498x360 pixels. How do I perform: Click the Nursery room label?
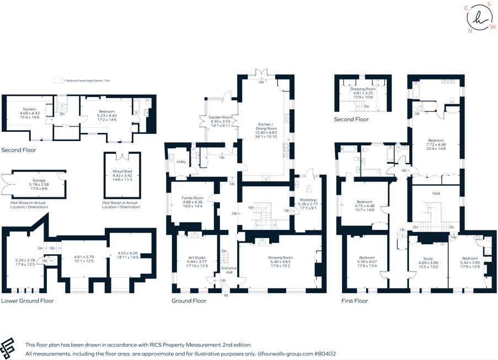29,109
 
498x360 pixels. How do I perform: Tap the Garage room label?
39,180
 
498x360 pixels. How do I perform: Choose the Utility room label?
181,162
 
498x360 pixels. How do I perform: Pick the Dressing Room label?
363,89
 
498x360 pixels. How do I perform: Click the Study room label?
427,259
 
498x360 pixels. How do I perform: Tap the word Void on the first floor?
436,194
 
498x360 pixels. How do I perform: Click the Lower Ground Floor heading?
27,301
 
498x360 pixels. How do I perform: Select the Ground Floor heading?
189,301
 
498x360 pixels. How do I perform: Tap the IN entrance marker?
225,296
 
